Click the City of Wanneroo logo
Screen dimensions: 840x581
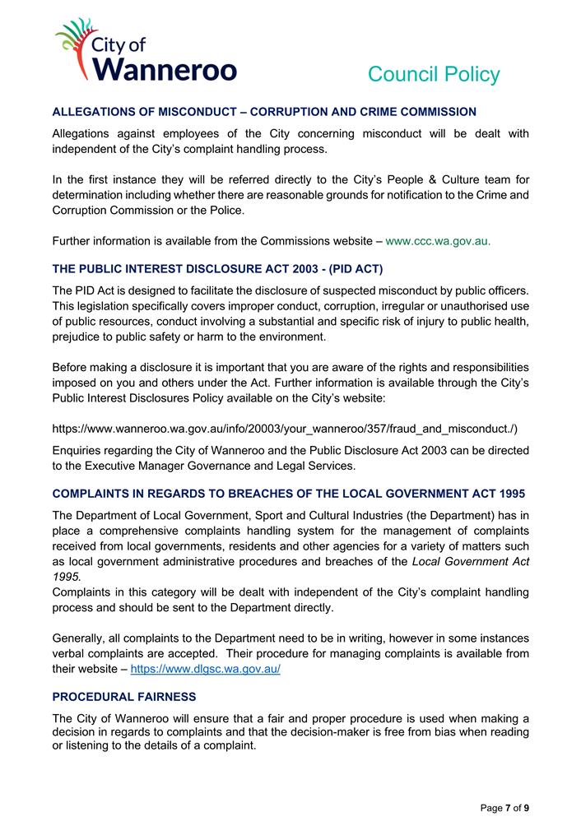coord(145,51)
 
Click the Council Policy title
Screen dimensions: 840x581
coord(433,75)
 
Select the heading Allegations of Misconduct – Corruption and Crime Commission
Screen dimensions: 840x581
coord(264,112)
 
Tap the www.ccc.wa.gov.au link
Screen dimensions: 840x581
coord(438,241)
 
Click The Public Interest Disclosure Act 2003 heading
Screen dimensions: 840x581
coord(217,269)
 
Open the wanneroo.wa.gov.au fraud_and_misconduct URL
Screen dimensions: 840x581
coord(285,429)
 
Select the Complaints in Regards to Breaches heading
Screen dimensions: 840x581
coord(288,494)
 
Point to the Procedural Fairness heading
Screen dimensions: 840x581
coord(124,697)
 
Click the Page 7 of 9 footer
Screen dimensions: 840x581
coord(504,808)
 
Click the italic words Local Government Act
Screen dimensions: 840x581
coord(470,561)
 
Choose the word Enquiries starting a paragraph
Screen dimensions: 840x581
coord(80,450)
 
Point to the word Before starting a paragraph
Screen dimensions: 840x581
coord(72,367)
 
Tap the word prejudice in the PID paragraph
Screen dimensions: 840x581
coord(80,336)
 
